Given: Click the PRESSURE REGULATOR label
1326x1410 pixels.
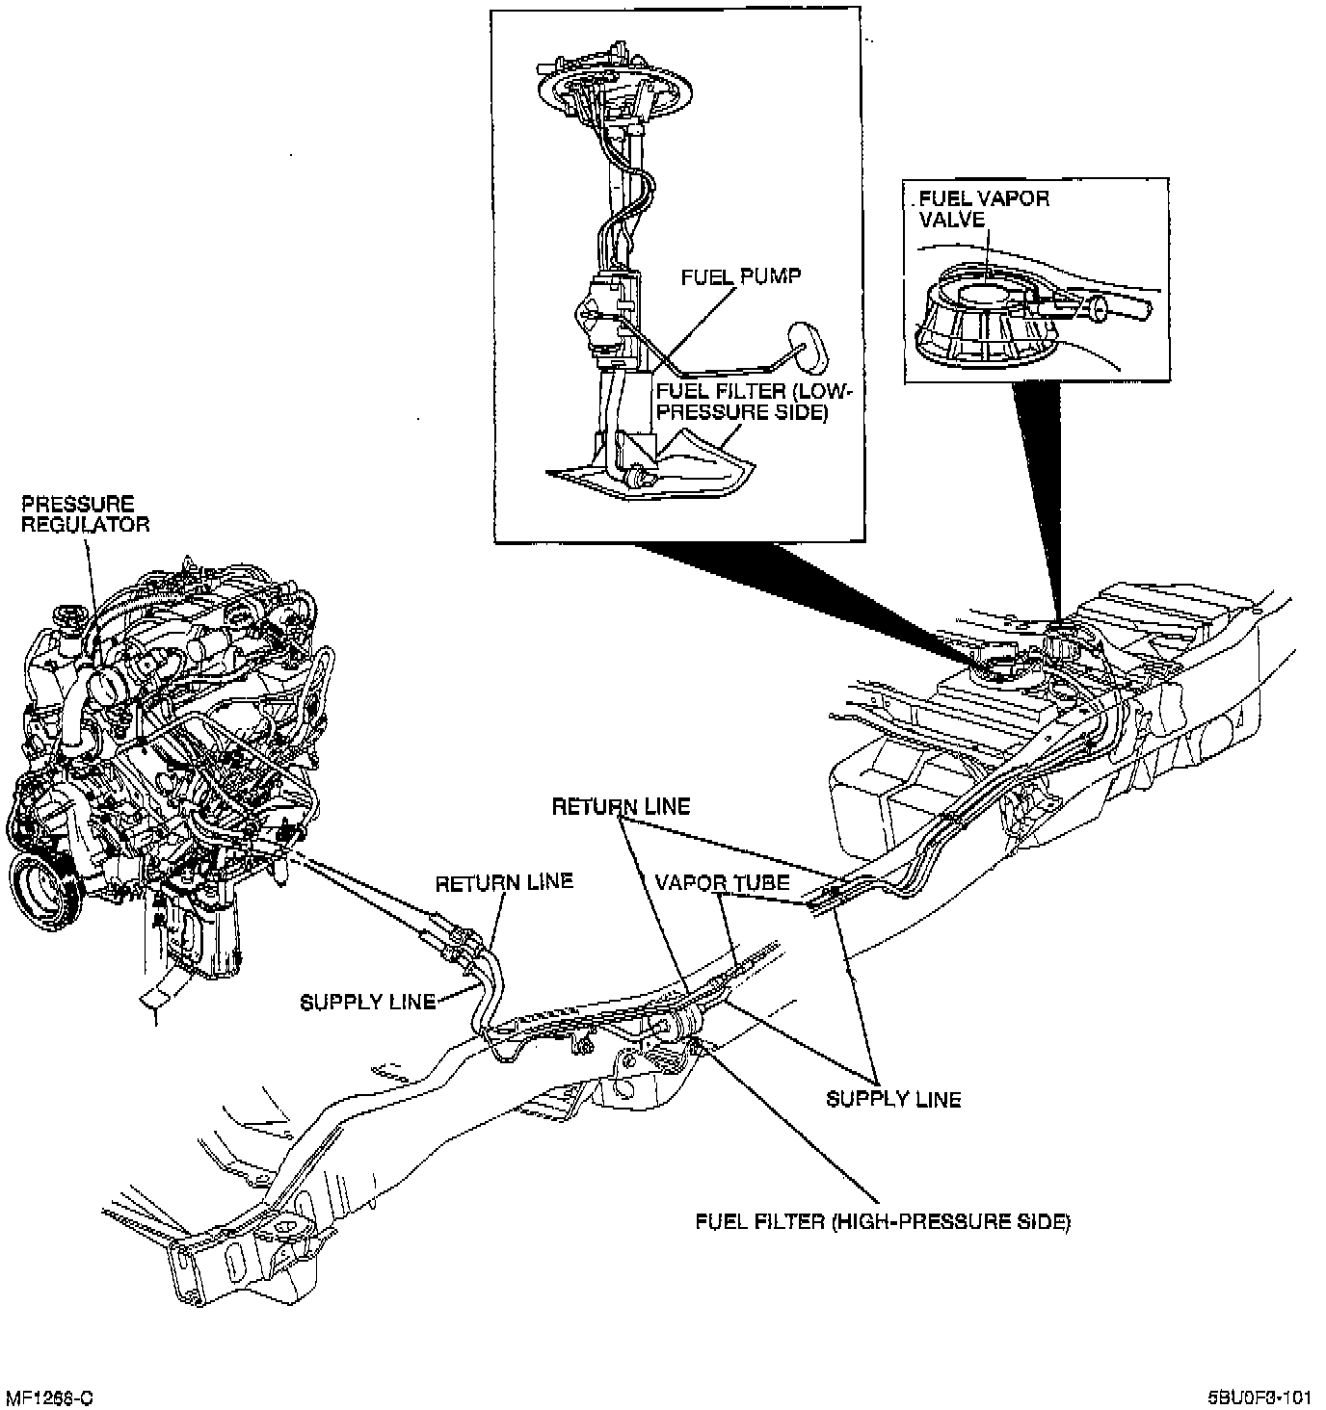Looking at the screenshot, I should coord(86,513).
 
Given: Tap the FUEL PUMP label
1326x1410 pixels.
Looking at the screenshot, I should coord(740,276).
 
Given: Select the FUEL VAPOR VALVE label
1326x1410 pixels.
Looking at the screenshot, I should coord(983,208).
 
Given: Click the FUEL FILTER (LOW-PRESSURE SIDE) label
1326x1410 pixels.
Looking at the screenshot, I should coord(754,402).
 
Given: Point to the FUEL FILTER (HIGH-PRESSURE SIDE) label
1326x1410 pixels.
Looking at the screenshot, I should coord(883,1221).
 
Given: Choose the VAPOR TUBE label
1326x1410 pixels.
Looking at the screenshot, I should coord(722,882).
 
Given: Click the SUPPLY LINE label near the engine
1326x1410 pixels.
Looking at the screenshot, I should coord(368,1002).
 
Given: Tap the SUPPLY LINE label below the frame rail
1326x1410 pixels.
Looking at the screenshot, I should coord(893,1098).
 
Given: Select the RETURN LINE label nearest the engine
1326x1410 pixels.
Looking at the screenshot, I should coord(504,881).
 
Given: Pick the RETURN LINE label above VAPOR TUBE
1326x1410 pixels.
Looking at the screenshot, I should coord(621,806).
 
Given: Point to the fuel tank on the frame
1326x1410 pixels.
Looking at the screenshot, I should coord(1041,732).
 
